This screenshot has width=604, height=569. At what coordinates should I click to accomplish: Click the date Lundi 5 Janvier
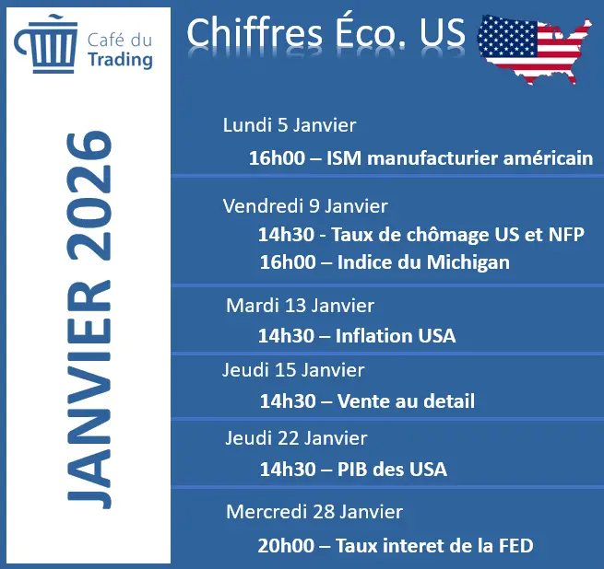289,125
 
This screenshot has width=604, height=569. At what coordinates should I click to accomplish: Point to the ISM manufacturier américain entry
420,157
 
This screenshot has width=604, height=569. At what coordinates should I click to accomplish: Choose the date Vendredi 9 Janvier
305,206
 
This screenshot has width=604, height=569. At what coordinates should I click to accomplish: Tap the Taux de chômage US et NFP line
421,234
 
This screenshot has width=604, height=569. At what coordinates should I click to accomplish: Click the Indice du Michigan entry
385,262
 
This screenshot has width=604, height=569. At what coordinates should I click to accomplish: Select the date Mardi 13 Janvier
300,305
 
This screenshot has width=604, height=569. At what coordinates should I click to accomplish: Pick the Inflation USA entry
357,335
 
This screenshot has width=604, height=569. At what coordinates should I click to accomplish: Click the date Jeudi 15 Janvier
293,370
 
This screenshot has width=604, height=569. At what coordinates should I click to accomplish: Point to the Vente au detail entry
367,401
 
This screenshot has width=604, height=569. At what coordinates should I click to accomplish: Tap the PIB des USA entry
353,469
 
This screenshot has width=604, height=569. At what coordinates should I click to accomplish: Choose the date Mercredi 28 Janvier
314,511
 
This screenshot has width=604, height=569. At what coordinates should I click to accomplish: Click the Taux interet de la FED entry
396,545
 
